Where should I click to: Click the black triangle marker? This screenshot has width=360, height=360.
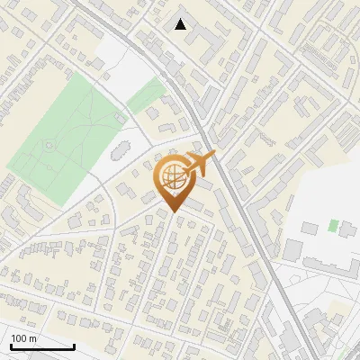(x=181, y=24)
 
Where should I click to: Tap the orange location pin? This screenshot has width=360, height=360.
(x=172, y=181)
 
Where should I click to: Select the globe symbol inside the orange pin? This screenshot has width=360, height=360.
(x=171, y=177)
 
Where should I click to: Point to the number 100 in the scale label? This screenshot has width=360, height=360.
(x=19, y=338)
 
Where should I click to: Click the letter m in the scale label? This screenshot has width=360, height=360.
(x=33, y=338)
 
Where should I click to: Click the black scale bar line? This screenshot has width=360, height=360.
(x=41, y=346)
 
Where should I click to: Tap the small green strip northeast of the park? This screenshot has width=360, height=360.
(x=145, y=94)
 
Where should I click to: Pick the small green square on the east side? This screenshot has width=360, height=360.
(x=334, y=225)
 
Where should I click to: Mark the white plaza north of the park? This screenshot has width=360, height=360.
(x=120, y=61)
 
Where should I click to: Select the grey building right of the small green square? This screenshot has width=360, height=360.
(x=347, y=228)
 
